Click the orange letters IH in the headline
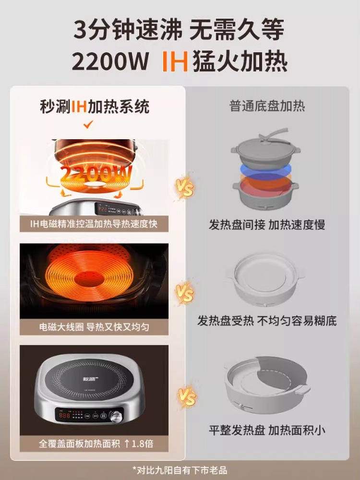[174, 62]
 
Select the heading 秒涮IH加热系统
[95, 107]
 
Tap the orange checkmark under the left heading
[87, 126]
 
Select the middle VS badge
[185, 292]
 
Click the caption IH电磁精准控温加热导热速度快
[93, 224]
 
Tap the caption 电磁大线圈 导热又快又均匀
[93, 327]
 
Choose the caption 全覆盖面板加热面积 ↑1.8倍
[93, 443]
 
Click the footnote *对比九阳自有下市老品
[180, 470]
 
